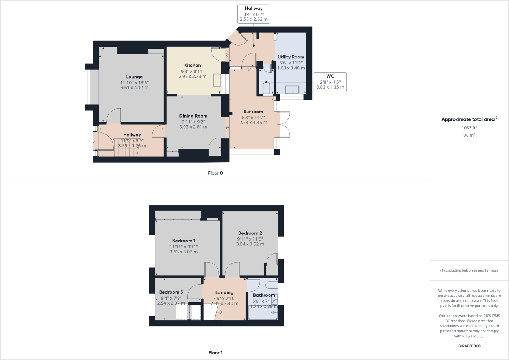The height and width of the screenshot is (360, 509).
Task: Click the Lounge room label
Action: coord(134,77)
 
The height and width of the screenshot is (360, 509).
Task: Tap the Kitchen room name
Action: coord(192,65)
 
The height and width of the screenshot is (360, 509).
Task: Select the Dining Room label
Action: coord(193,116)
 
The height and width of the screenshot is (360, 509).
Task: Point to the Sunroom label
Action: coord(253,112)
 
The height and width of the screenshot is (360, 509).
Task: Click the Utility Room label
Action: coord(291,57)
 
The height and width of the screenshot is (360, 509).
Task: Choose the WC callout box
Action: coord(330,82)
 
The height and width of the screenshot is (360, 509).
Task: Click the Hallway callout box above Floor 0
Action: coord(253,14)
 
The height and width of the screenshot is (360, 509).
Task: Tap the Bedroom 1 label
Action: coord(184,241)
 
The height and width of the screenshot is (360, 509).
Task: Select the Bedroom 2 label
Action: coord(250,233)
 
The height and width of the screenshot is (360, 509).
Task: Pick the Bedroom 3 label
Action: coord(171,292)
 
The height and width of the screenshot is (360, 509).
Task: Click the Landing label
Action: coord(224,292)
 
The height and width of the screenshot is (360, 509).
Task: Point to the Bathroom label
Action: coord(264,295)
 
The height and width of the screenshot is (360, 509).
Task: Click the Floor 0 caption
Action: coord(215,173)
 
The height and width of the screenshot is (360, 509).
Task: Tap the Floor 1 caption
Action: coord(215,353)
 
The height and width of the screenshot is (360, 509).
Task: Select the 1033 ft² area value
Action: coord(469,128)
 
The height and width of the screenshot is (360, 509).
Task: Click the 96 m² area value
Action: coord(469,135)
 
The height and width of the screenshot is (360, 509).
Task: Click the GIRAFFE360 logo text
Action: coord(469,346)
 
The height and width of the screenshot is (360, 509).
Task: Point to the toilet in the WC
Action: coord(266,88)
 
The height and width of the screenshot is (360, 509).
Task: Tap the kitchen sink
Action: coord(217,80)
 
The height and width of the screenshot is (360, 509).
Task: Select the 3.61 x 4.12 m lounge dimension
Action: coord(134,88)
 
